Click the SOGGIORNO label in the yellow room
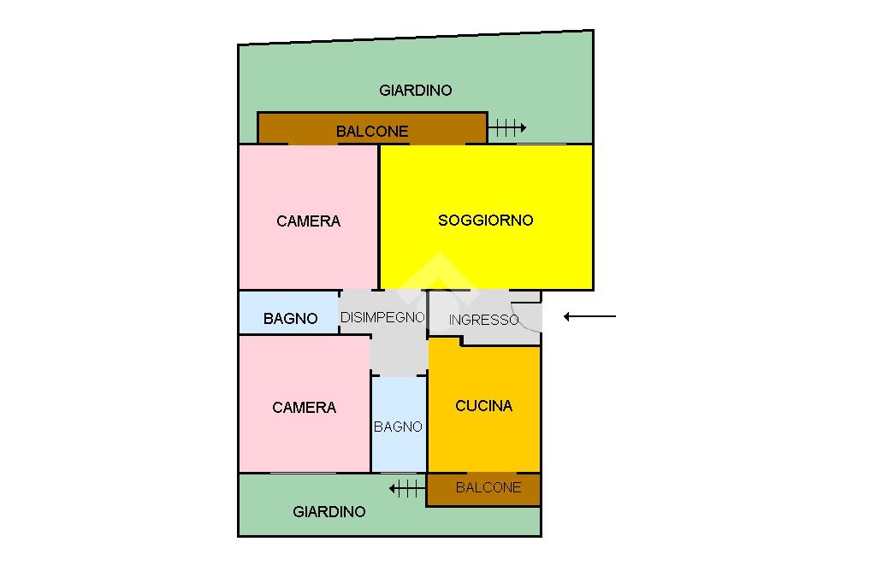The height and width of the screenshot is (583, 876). [485, 220]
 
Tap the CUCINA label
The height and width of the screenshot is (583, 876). [483, 406]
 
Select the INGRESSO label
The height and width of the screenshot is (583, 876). [483, 320]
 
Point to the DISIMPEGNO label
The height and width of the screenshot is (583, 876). [382, 317]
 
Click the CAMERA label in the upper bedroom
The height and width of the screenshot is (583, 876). [308, 221]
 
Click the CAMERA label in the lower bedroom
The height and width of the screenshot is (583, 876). [304, 408]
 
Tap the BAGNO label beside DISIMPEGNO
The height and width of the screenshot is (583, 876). [290, 318]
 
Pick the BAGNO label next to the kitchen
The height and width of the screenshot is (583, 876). [398, 427]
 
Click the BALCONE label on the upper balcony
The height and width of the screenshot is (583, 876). [372, 132]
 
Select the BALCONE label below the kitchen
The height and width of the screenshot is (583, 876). [488, 487]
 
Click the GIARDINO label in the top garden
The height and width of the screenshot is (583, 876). [415, 90]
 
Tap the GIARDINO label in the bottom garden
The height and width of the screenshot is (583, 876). [328, 512]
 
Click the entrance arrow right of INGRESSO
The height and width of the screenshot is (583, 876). [589, 316]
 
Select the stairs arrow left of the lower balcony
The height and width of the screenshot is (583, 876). [406, 488]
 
